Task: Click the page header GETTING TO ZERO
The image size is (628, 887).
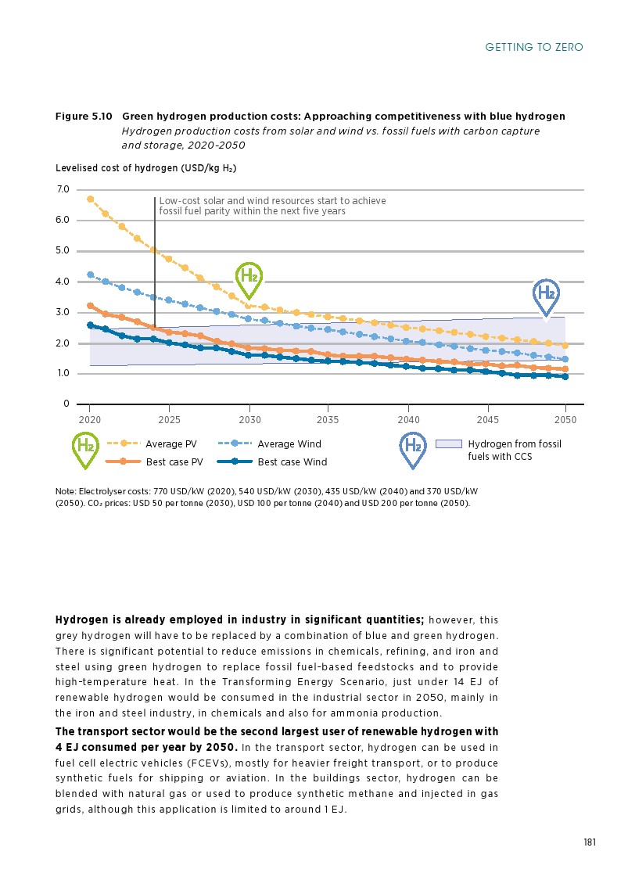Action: [534, 48]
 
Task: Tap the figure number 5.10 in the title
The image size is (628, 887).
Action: [101, 117]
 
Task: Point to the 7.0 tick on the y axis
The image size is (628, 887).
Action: [63, 189]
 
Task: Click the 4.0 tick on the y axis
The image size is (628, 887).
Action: [63, 282]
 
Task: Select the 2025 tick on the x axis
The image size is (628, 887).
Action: [169, 419]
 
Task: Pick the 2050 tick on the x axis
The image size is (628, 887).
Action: [565, 419]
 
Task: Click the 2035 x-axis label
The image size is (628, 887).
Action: [328, 419]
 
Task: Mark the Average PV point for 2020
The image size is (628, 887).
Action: [90, 199]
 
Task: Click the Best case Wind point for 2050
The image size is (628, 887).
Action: [565, 376]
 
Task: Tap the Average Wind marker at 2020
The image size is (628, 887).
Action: [90, 275]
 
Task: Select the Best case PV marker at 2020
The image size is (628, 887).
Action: [90, 306]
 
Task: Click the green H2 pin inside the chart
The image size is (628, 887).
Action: [249, 278]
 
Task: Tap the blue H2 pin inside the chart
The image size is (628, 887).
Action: [546, 295]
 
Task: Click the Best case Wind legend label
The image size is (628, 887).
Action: [292, 462]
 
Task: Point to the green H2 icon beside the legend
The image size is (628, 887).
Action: [84, 448]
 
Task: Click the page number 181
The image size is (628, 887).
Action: [590, 842]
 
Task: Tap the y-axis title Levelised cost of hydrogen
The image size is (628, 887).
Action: [145, 168]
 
